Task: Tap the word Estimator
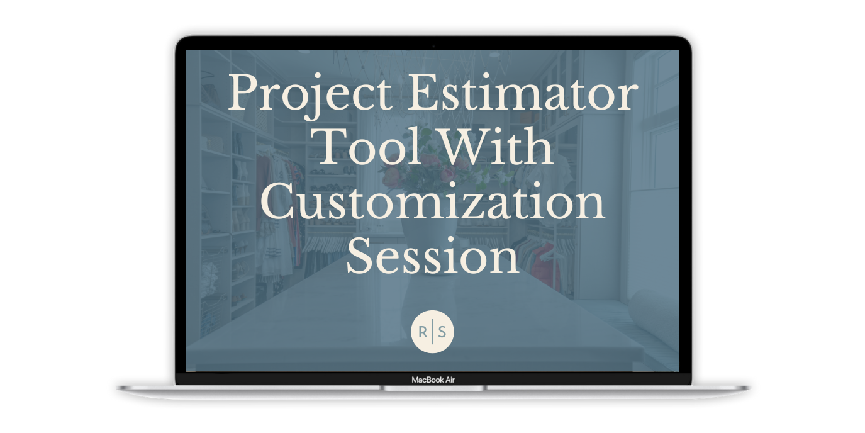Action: click(523, 92)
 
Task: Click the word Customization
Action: click(433, 201)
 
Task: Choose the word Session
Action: click(433, 255)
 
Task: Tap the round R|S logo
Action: click(432, 332)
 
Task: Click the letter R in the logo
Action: click(423, 332)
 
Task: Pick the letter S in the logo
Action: click(442, 332)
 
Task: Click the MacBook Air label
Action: click(433, 380)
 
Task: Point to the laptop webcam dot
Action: click(433, 46)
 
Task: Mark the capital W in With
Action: click(462, 147)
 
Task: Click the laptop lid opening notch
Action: click(433, 388)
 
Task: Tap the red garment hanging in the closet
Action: click(547, 266)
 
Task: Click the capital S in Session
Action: click(360, 255)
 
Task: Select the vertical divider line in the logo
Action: click(432, 332)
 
